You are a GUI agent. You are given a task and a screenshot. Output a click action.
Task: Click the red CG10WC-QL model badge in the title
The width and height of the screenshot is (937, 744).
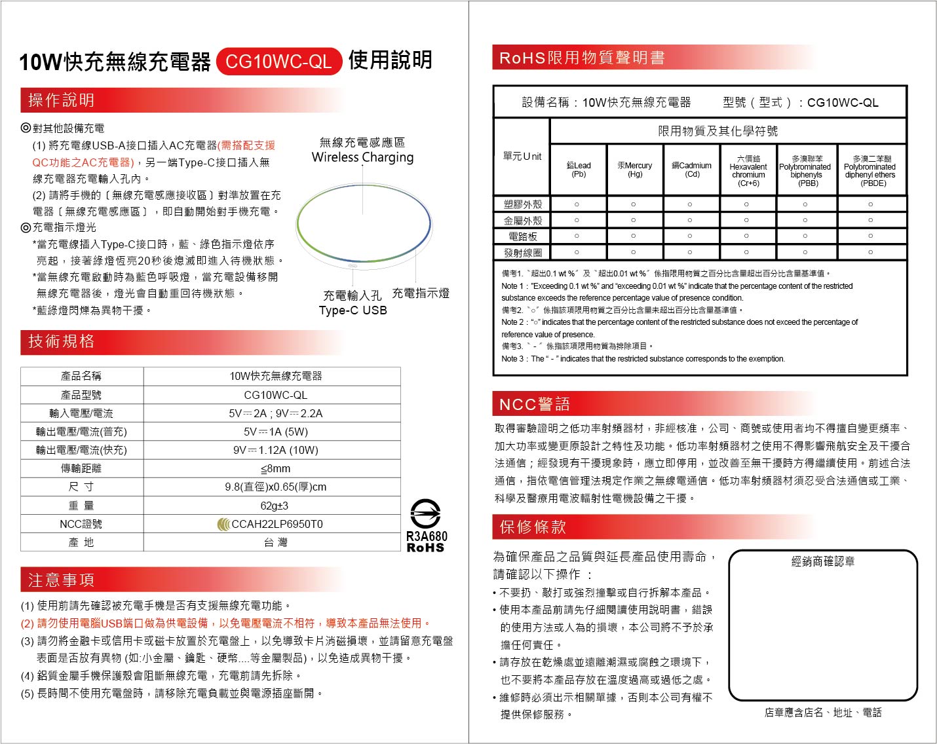278,62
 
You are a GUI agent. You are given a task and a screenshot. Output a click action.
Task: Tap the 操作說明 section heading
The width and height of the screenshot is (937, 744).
61,100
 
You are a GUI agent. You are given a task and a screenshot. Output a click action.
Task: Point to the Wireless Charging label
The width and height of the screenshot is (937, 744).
362,157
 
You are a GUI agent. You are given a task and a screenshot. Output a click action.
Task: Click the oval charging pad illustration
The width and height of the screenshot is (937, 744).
363,223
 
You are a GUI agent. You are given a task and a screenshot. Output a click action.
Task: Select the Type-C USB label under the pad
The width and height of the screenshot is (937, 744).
353,310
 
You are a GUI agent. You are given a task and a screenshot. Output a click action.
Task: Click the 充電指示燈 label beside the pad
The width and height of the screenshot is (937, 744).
421,293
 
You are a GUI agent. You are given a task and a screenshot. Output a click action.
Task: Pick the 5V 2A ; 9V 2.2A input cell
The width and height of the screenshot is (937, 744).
275,413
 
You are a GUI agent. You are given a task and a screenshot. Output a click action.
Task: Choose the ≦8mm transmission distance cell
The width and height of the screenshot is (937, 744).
275,469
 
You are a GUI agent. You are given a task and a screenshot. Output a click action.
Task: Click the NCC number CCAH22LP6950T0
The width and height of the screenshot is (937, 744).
277,524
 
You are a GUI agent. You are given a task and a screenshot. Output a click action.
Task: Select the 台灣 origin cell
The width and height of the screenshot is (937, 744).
275,542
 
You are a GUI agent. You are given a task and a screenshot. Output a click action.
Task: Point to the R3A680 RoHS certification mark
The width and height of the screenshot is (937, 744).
426,527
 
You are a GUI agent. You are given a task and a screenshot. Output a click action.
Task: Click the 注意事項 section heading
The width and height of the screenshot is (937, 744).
61,580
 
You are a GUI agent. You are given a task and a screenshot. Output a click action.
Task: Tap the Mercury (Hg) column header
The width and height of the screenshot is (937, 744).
634,170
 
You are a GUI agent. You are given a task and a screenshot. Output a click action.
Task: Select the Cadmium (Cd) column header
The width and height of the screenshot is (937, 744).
691,170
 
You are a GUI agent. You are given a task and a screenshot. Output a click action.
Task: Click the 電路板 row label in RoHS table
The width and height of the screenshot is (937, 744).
522,236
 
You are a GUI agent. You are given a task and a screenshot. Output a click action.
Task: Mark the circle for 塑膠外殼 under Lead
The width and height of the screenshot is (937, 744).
577,205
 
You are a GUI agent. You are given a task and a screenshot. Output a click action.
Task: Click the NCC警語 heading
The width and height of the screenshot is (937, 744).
534,404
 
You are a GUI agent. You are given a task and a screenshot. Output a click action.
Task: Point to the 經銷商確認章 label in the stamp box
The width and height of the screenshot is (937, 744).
822,561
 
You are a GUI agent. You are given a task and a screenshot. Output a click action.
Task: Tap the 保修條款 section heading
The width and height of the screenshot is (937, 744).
532,527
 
